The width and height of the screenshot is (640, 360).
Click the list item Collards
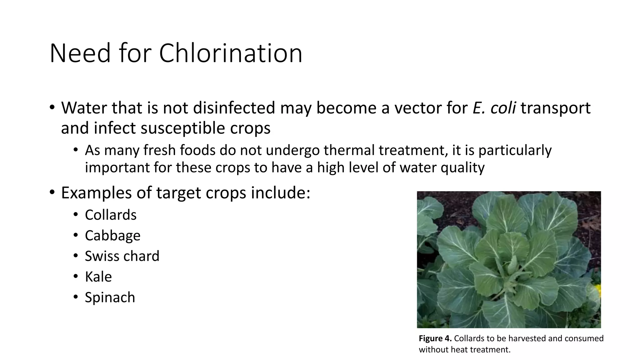coord(111,215)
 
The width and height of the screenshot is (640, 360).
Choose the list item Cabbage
coord(112,236)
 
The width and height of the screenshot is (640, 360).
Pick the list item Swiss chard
coord(122,256)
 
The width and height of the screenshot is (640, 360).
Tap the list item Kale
coord(98,277)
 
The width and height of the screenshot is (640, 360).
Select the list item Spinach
coord(110,297)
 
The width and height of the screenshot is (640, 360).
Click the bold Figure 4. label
coord(435,338)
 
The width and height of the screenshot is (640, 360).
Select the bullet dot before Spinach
coord(75,297)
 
